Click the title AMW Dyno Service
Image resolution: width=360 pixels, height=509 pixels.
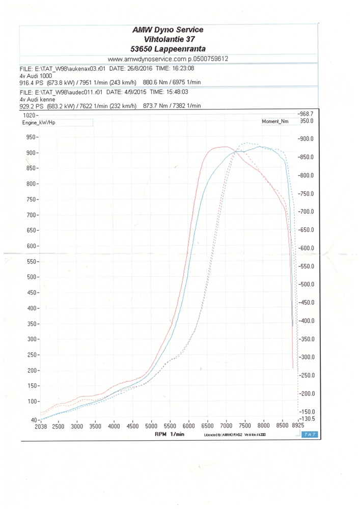168,30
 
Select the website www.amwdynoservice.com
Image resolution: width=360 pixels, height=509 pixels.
147,59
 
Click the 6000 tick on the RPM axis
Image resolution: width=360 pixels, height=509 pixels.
189,427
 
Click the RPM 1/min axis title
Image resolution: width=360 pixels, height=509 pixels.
169,434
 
